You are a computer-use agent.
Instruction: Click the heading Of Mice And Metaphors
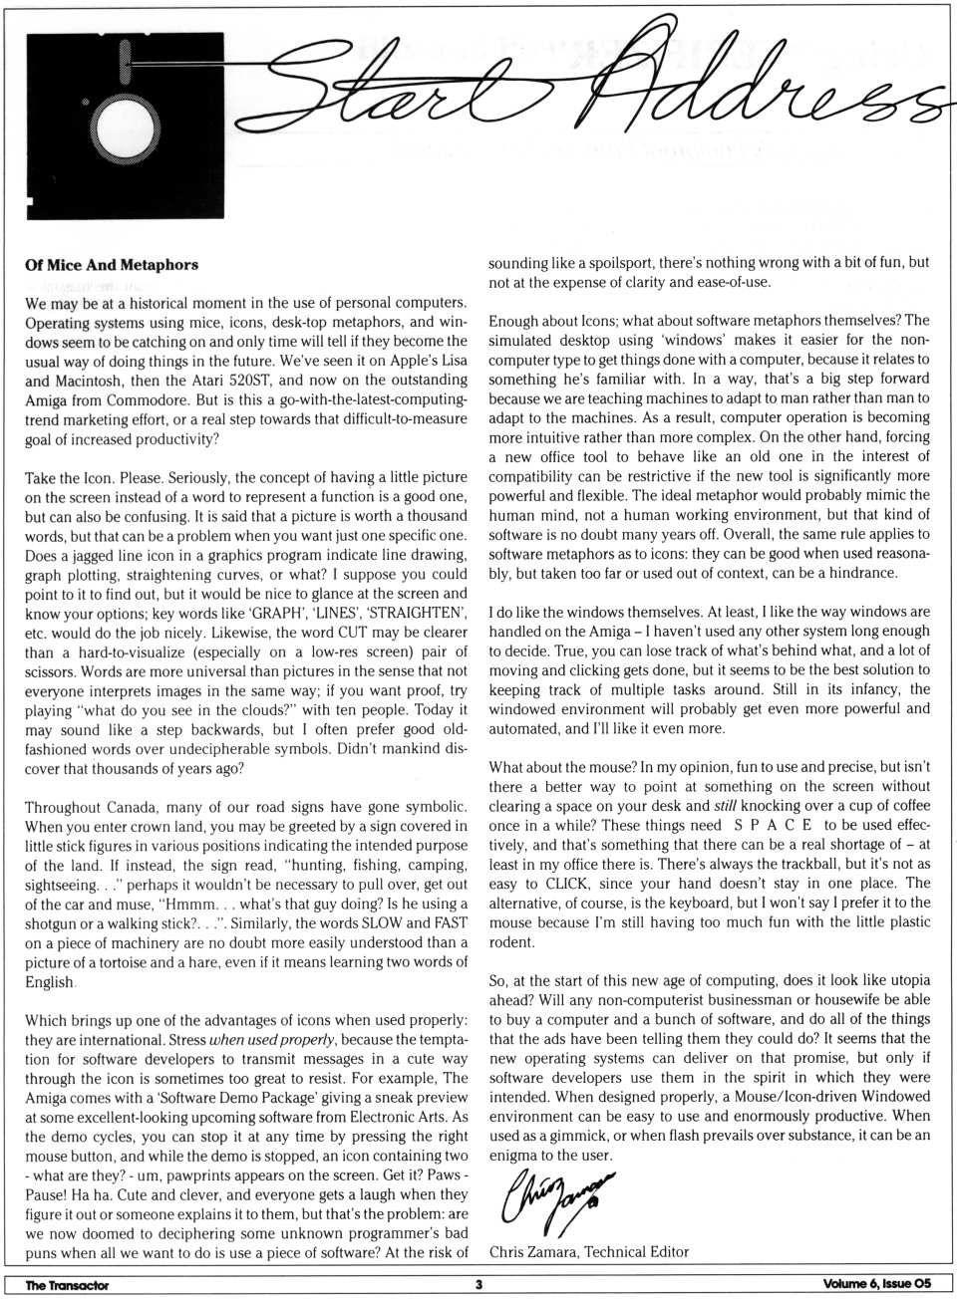tap(112, 265)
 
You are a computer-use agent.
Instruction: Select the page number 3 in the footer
tap(478, 1285)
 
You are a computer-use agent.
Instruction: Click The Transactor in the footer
tap(67, 1285)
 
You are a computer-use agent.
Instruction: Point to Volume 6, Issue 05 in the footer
tap(877, 1285)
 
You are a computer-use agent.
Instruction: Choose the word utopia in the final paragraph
tap(903, 980)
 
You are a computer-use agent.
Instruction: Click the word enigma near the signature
tap(518, 1156)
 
